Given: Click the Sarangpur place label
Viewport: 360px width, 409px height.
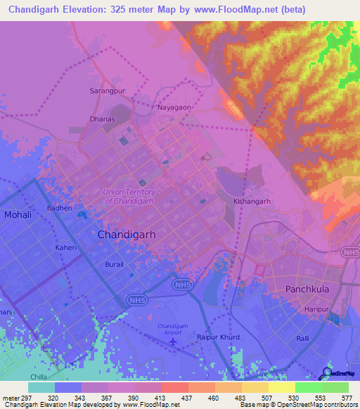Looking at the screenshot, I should [106, 91].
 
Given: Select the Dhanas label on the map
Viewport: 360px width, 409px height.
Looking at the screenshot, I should [102, 119].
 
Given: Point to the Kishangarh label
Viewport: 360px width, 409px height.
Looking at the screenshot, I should [252, 201].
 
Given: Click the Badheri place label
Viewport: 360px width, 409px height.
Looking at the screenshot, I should [60, 208].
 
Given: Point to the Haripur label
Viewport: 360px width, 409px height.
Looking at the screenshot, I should [316, 307].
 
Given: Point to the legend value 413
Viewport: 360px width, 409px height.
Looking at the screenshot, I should [162, 398].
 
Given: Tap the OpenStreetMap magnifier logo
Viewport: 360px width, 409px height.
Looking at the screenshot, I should [327, 374].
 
